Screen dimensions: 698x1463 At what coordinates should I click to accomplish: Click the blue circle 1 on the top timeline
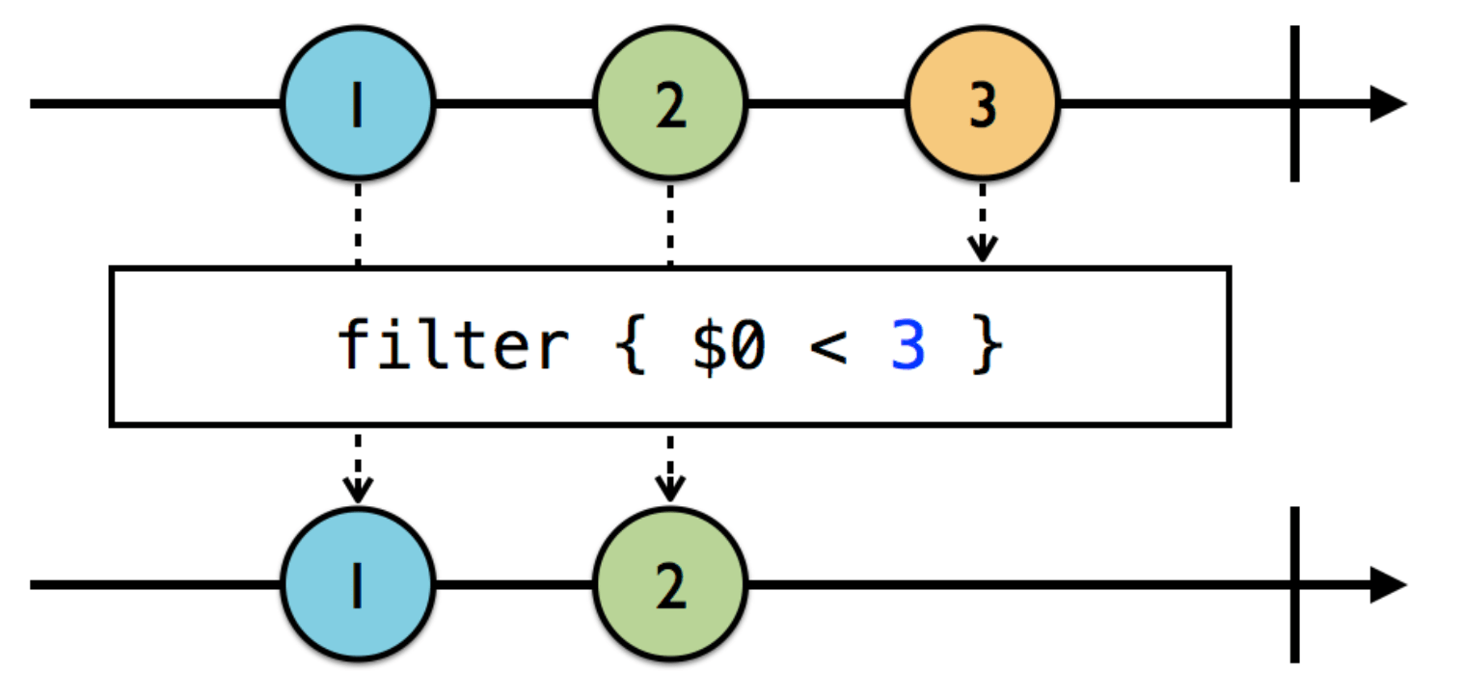[x=358, y=104]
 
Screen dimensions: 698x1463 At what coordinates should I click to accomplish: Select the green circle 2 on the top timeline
[x=670, y=104]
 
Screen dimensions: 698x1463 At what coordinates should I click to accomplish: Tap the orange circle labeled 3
[x=982, y=104]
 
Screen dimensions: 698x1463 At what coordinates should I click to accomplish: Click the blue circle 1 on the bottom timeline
[x=358, y=584]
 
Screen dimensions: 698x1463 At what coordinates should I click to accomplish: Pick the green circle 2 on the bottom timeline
[x=670, y=584]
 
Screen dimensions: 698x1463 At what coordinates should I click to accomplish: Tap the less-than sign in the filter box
[x=826, y=348]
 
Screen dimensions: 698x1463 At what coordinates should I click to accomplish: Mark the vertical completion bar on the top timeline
[x=1294, y=103]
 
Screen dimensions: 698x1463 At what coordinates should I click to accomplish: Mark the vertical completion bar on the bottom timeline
[x=1294, y=584]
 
